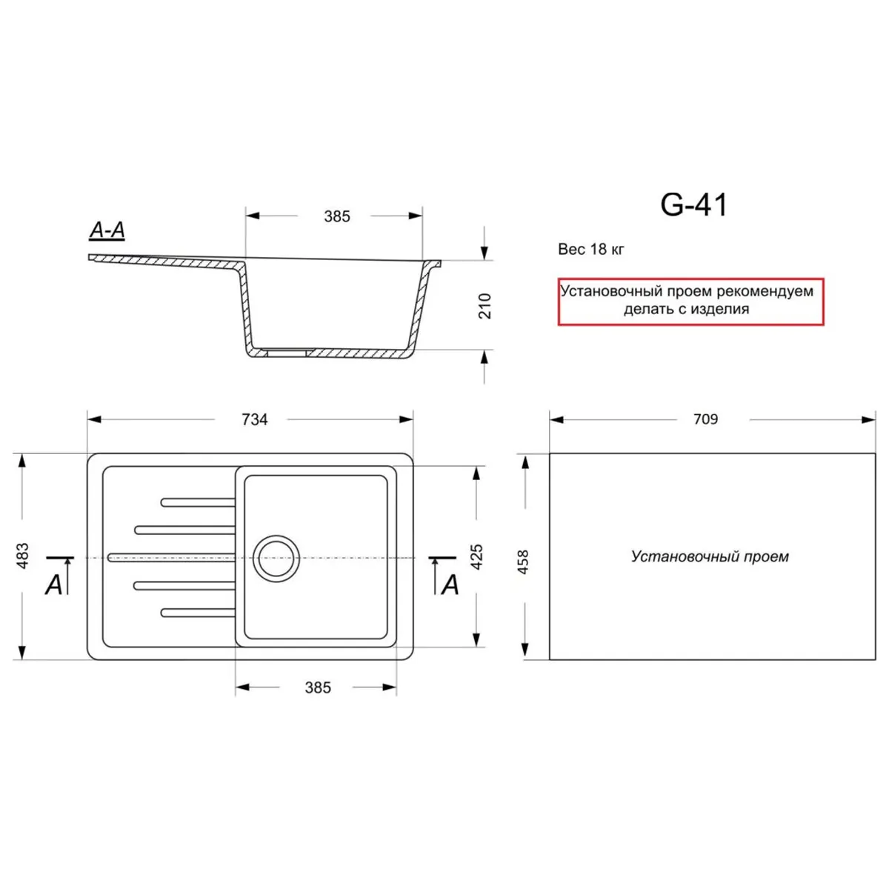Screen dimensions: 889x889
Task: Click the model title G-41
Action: [x=693, y=204]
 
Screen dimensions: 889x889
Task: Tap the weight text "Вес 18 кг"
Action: [x=590, y=250]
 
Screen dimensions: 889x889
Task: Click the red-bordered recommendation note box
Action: [x=690, y=302]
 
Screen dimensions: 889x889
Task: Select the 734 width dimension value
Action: [x=254, y=419]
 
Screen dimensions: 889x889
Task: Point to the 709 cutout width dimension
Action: [x=705, y=419]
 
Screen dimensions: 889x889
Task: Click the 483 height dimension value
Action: [x=22, y=556]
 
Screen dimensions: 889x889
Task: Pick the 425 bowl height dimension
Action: [x=477, y=556]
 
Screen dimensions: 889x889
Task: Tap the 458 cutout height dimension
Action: [x=523, y=562]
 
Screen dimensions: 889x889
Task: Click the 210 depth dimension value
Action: [x=485, y=306]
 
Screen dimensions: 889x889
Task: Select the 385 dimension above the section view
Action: [x=337, y=216]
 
